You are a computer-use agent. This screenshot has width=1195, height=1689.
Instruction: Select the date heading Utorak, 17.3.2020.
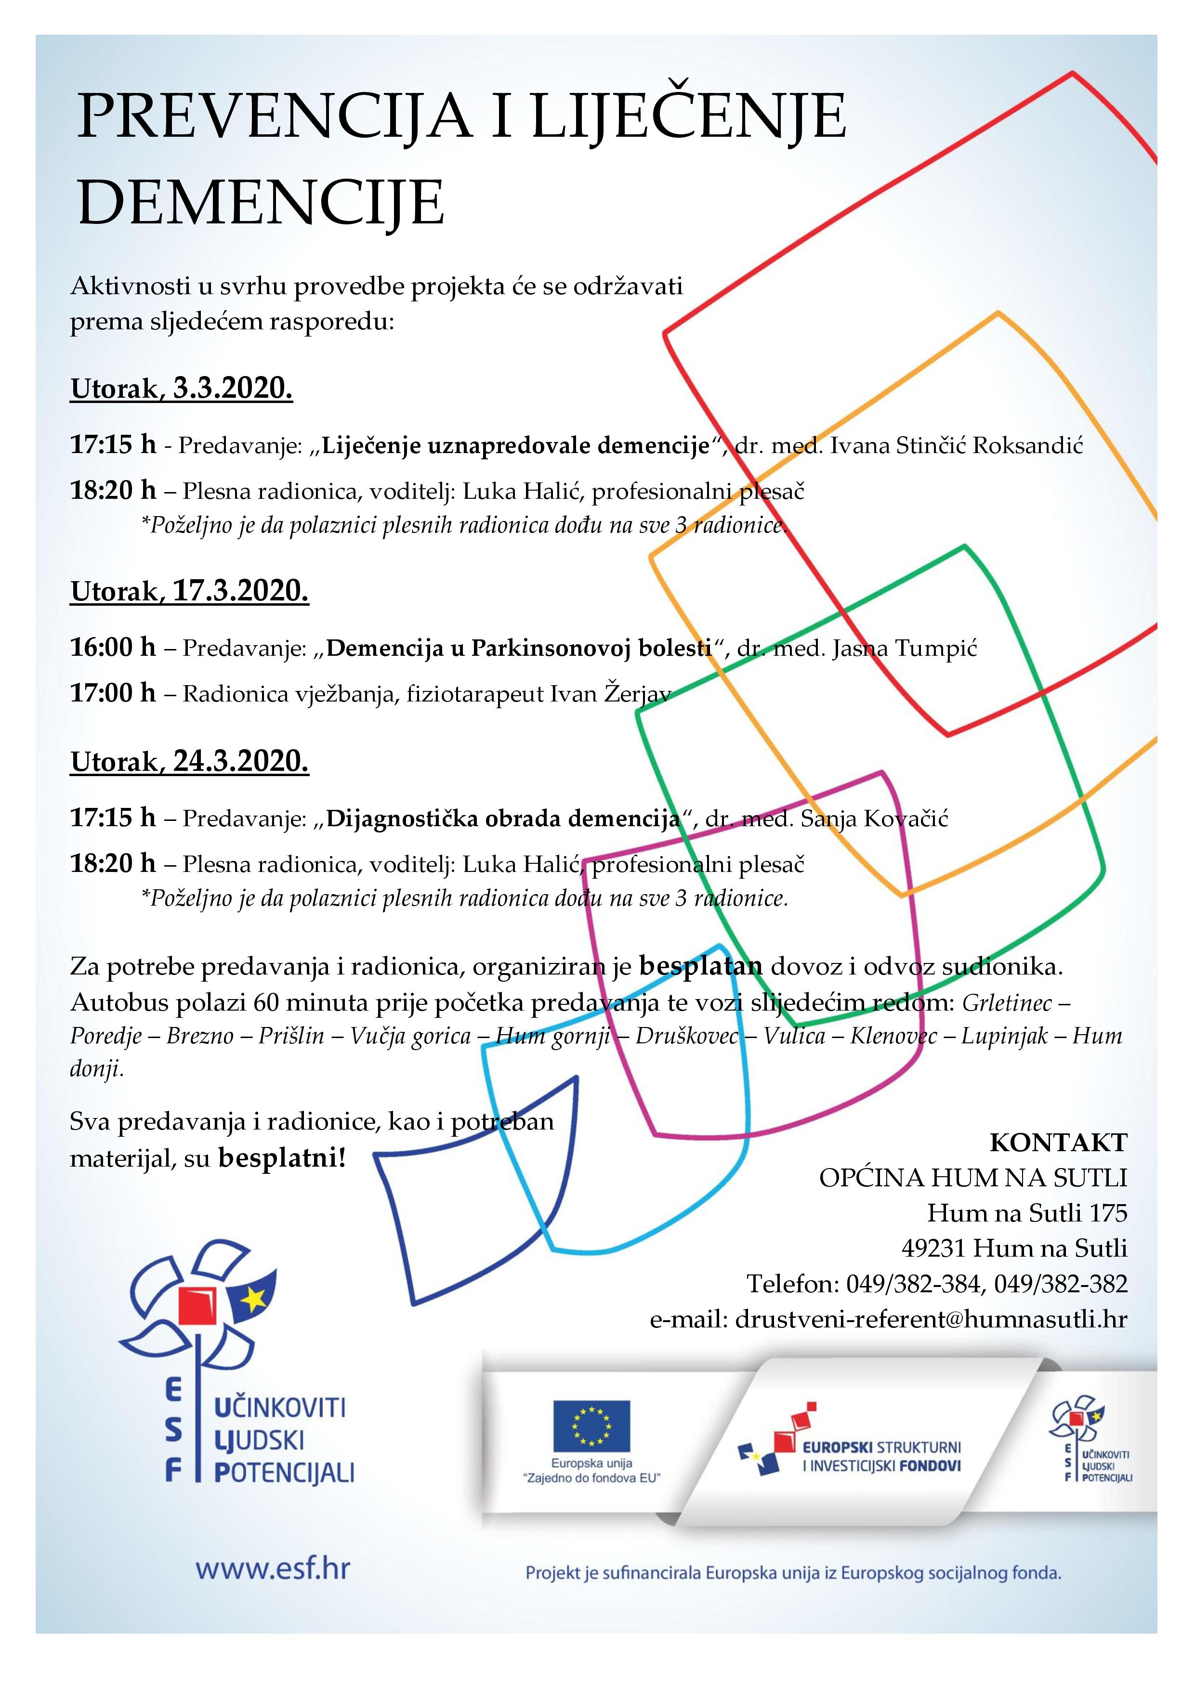click(190, 591)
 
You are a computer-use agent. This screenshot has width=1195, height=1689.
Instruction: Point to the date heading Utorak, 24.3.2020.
click(190, 761)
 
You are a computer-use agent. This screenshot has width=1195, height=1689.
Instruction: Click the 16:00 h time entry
click(113, 648)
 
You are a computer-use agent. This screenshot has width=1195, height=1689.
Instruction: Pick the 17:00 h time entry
click(113, 693)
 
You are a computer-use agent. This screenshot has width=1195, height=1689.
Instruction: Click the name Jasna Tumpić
click(905, 649)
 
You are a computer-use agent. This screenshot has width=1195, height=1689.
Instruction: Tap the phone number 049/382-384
click(913, 1284)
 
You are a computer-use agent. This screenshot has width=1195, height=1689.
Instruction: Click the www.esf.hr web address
click(272, 1568)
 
